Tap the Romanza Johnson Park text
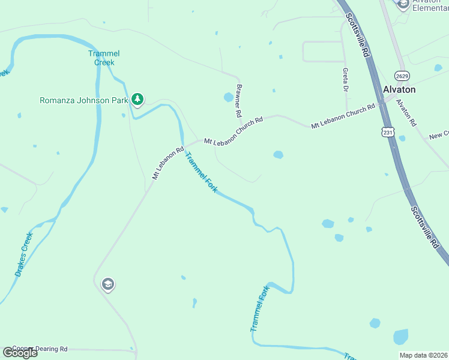coord(83,100)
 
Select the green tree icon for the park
coord(138,99)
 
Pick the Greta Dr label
coord(346,80)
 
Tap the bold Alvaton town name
coord(399,89)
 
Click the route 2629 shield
coord(402,75)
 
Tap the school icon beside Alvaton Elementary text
coord(403,4)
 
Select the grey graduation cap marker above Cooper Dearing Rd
coord(108,284)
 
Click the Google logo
coord(20,353)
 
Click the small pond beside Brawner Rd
coord(228,97)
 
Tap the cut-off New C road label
coord(439,136)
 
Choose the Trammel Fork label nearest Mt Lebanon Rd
coord(200,172)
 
